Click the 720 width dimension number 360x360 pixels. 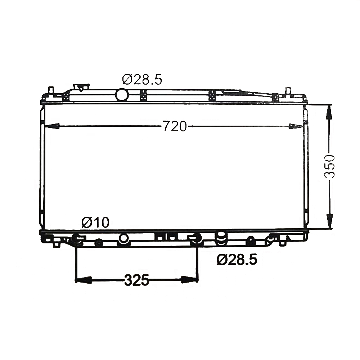pos(175,126)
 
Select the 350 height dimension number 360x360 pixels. pos(330,166)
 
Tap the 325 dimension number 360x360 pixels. pos(136,280)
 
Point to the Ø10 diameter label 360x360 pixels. pos(95,222)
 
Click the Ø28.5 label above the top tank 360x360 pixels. pos(142,80)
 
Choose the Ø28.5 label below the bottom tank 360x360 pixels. pos(237,260)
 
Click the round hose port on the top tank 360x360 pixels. pos(122,95)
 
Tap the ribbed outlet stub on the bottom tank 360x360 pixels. pos(221,239)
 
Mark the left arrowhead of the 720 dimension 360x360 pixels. pos(52,126)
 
